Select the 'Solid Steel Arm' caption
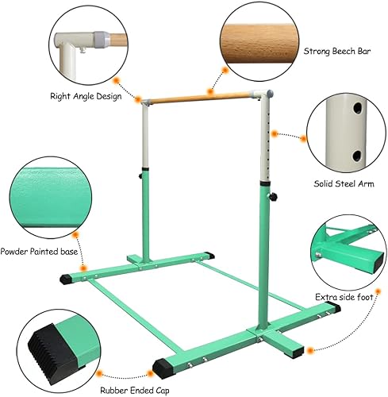(339, 182)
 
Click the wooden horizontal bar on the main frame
(203, 99)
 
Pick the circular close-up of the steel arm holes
(344, 132)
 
